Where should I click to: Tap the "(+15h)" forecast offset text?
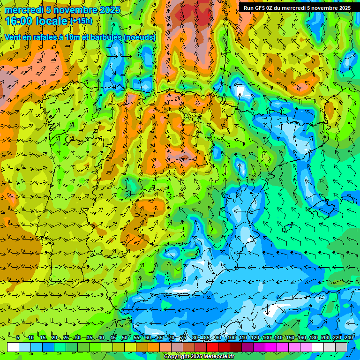coord(81,21)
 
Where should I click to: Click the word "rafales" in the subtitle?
coord(46,37)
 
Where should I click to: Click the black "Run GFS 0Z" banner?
coord(297,8)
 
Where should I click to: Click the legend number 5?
coord(17,337)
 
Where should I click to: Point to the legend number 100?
coord(231,337)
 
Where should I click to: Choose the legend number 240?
coord(349,337)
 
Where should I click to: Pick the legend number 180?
coord(313,337)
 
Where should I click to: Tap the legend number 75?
coord(183,337)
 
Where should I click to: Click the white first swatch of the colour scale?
coord(13,347)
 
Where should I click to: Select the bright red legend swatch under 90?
coord(212,347)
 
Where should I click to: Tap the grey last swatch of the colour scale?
coord(341,347)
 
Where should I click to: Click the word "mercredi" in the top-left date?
coord(23,10)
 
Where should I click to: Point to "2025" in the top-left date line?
coord(109,10)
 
